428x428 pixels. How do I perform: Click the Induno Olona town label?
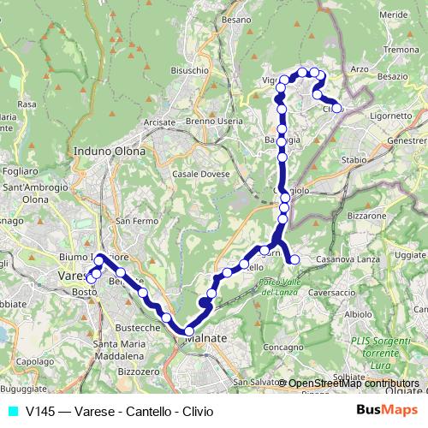coord(110,152)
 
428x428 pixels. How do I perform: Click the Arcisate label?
coord(159,122)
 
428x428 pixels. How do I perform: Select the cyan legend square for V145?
coord(11,411)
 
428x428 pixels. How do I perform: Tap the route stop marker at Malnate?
coord(189,331)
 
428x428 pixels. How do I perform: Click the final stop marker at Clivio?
coord(337,108)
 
